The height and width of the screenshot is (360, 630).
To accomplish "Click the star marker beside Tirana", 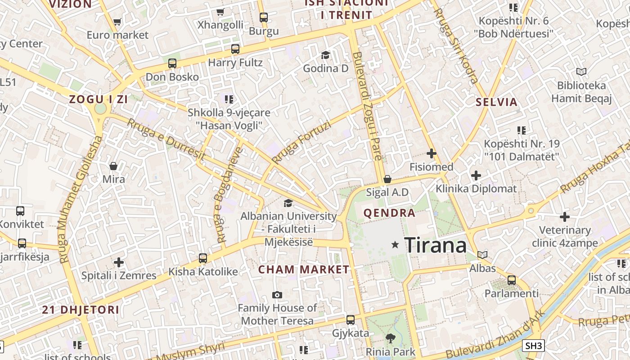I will pos(395,244).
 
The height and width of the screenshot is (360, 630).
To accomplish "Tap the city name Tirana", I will pos(435,245).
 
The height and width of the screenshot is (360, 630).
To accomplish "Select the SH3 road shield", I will pos(533,346).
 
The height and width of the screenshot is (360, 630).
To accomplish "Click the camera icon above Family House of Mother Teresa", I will pos(277,295).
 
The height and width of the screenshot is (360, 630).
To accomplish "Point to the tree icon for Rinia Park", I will pos(390,338).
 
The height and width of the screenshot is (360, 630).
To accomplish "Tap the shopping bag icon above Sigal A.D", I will pos(387,179).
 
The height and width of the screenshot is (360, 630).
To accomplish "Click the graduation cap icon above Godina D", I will pos(325,55).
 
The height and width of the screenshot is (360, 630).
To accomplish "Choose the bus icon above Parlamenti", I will pos(511,280).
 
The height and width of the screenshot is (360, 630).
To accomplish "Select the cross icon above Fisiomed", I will pos(431,154).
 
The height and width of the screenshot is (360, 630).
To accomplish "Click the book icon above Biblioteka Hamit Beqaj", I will pos(581,72).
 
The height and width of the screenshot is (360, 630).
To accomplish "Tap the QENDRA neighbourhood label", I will pos(389,213).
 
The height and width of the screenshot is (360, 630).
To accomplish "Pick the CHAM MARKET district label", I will pos(304,270).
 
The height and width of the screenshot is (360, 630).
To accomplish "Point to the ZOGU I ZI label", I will pos(98,99).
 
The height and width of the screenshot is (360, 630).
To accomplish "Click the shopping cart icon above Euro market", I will pos(117,22).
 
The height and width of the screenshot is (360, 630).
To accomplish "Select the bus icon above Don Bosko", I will pos(172,63).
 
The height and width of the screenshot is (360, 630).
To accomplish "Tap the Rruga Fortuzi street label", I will pos(301,142).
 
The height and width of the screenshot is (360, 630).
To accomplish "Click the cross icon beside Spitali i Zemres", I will pos(119,262).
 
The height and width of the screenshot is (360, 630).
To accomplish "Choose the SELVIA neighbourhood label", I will pos(497,102).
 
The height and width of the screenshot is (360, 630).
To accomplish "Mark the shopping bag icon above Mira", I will pos(113,166).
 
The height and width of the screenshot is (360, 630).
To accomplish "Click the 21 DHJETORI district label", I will pos(81,310).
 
